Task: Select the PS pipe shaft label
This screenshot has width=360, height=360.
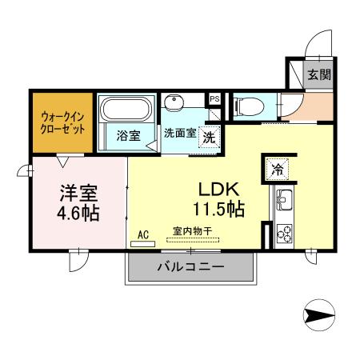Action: (x=214, y=99)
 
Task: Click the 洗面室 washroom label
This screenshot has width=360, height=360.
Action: (x=180, y=132)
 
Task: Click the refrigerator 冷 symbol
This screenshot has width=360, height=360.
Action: (x=276, y=170)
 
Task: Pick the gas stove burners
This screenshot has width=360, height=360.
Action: (x=283, y=233)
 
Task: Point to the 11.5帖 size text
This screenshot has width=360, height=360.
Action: (x=217, y=210)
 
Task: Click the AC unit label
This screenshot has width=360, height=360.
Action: (x=144, y=235)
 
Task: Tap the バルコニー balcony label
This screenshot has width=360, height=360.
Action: (x=190, y=266)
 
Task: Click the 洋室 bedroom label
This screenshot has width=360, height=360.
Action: (x=77, y=194)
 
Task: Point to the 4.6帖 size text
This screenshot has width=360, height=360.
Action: (x=78, y=214)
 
